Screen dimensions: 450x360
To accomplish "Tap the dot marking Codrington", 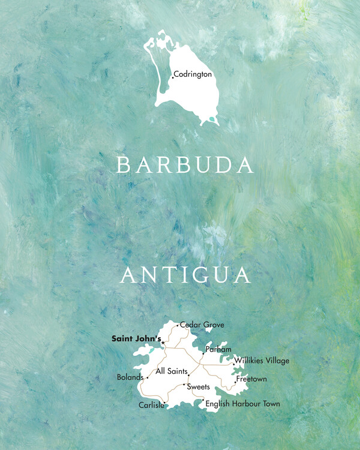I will tap(173, 77).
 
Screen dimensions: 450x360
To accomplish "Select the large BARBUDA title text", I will tap(185, 166).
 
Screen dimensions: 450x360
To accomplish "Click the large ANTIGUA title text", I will tap(185, 275).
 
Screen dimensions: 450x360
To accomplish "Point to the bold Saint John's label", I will tap(136, 339).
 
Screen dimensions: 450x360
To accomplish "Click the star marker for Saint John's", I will tap(163, 343).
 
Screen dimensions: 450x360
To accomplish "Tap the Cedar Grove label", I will tap(202, 325).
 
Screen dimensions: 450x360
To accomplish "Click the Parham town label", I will tap(218, 349).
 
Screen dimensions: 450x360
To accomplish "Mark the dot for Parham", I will tap(203, 353).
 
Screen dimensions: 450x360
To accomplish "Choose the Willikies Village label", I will tap(262, 361).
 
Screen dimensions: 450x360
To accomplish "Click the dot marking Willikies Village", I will tap(233, 363).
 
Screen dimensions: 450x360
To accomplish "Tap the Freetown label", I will tap(251, 380).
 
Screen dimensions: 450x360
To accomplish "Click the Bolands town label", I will tap(130, 377).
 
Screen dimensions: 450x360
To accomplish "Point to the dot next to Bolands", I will tap(147, 378).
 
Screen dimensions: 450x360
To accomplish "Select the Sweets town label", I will tap(198, 387).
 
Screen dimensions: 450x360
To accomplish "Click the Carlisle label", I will tap(151, 405).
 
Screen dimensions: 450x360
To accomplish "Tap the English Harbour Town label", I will tap(242, 404).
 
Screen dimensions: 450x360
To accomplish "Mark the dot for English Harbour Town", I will tap(203, 400).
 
